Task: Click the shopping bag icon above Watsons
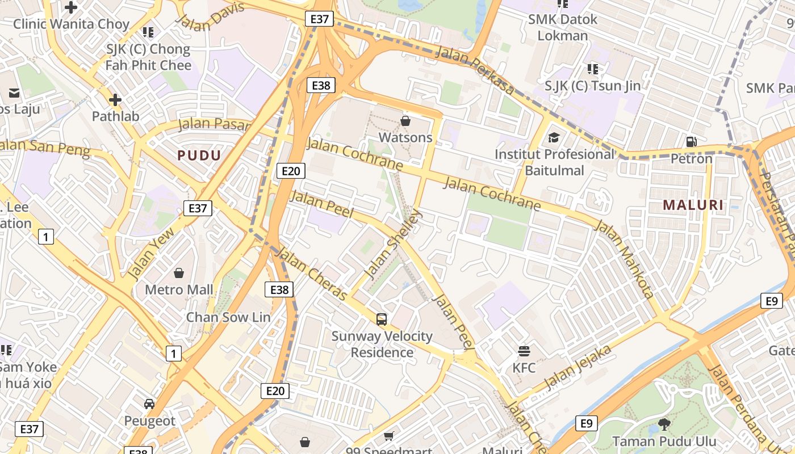coord(405,121)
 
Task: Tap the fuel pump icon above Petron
coord(691,142)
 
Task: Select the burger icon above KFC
coord(524,351)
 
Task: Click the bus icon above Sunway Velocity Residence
coord(382,320)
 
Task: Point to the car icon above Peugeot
coord(149,404)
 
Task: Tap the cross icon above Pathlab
coord(115,100)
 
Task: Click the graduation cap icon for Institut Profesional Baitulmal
coord(553,138)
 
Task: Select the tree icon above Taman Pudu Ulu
coord(664,424)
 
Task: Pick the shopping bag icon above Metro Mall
coord(179,273)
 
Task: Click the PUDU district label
coord(199,155)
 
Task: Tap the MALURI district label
coord(693,205)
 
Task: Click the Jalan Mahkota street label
coord(624,259)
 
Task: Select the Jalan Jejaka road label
coord(578,367)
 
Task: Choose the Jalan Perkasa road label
coord(475,70)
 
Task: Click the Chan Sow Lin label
coord(228,317)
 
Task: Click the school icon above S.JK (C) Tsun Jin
coord(592,69)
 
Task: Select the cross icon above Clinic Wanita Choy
coord(71,7)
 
